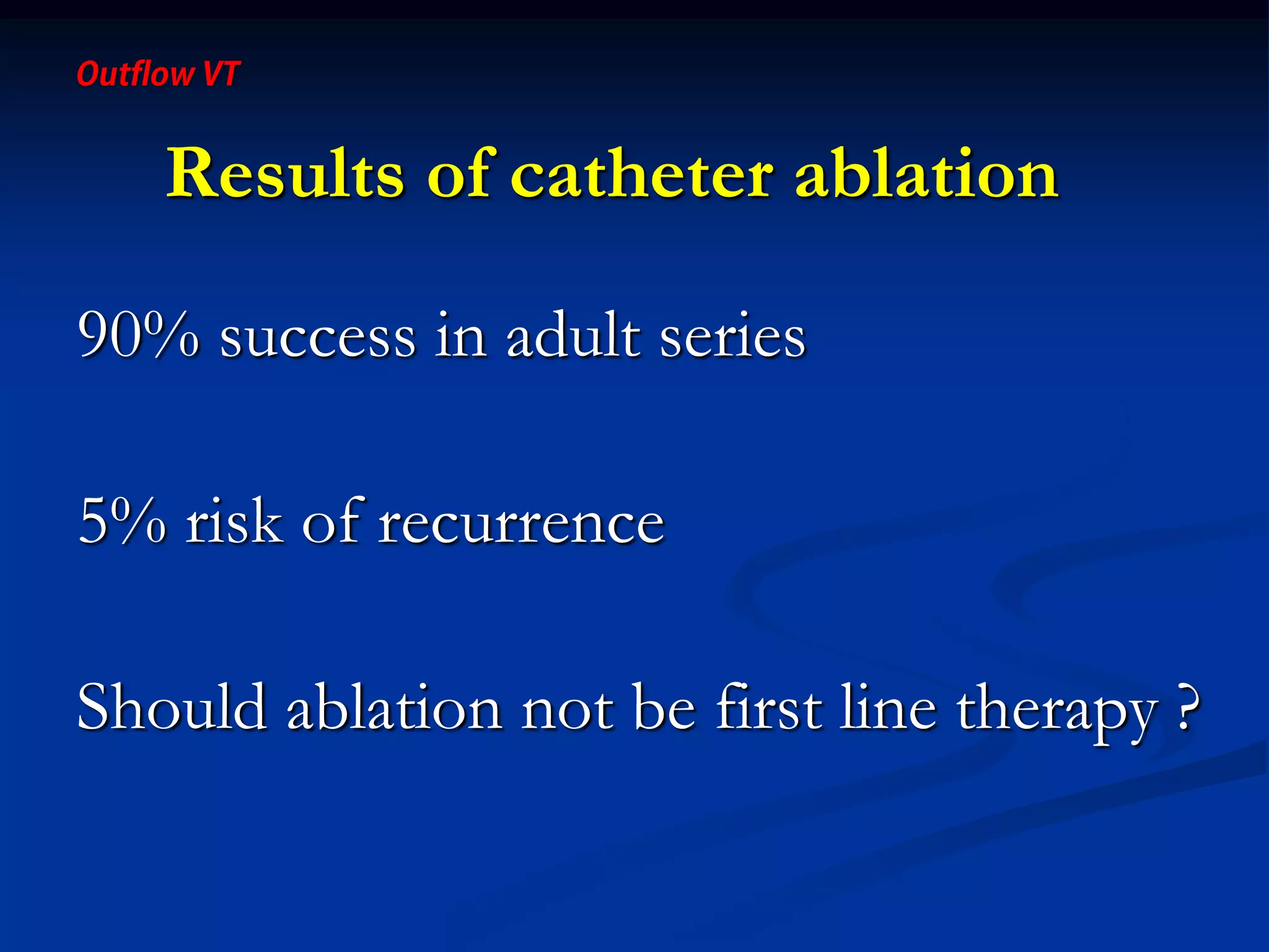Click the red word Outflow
(x=135, y=74)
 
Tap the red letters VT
(x=220, y=74)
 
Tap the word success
(x=318, y=338)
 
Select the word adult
(x=573, y=335)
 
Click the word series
(x=732, y=338)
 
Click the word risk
(x=234, y=521)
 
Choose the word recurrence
(x=521, y=524)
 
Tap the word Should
(x=172, y=707)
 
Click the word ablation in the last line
(x=394, y=707)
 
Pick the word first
(x=769, y=707)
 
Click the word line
(x=888, y=707)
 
